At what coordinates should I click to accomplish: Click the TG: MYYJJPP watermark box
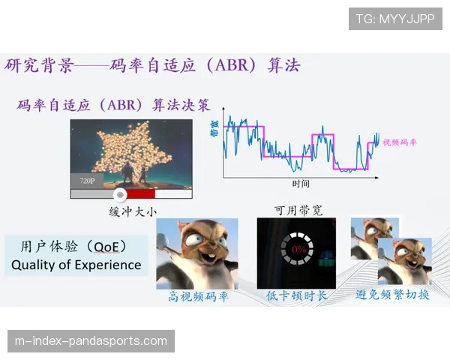click(395, 19)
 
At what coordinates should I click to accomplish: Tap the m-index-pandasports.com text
click(91, 341)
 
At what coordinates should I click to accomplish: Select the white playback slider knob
click(121, 193)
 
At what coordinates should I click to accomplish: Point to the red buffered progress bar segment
click(139, 193)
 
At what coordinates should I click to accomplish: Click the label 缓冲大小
click(132, 212)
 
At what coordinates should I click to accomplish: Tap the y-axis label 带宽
click(215, 129)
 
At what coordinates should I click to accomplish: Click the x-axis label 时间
click(301, 184)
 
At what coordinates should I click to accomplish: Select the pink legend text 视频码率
click(400, 142)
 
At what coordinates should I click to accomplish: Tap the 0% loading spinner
click(296, 248)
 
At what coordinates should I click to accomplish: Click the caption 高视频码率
click(198, 296)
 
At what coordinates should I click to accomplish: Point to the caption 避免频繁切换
click(392, 295)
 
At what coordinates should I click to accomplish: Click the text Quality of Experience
click(76, 265)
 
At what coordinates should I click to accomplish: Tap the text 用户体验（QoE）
click(73, 246)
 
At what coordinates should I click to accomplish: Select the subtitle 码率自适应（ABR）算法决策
click(113, 105)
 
